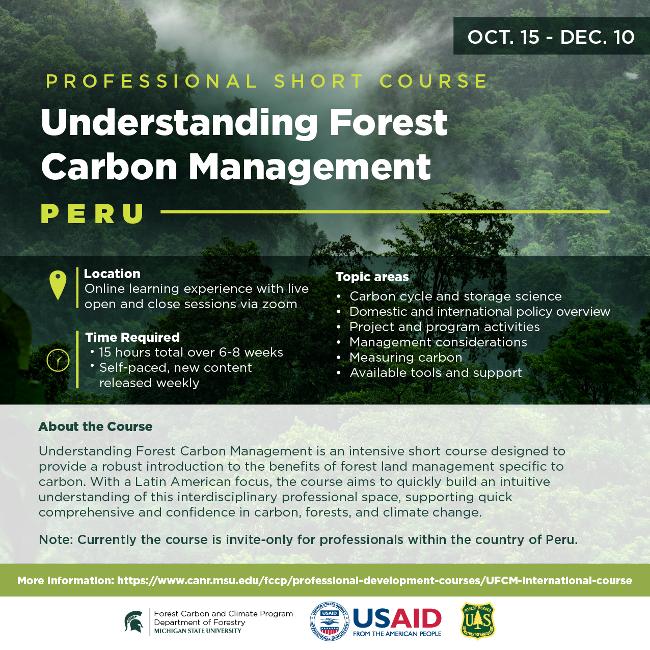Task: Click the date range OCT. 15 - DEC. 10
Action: (551, 37)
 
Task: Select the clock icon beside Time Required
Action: (58, 360)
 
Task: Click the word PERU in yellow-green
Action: (92, 213)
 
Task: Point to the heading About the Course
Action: (95, 427)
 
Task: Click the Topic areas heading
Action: (372, 277)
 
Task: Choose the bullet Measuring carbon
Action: (406, 357)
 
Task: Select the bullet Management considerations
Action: (438, 342)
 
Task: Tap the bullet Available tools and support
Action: (436, 373)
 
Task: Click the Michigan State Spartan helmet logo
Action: (133, 621)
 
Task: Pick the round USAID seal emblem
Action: (329, 621)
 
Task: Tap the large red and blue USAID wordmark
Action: (397, 618)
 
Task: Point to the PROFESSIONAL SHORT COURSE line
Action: (266, 82)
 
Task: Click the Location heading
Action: (112, 274)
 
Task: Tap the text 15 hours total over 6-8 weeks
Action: (191, 352)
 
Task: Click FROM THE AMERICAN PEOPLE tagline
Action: (397, 634)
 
